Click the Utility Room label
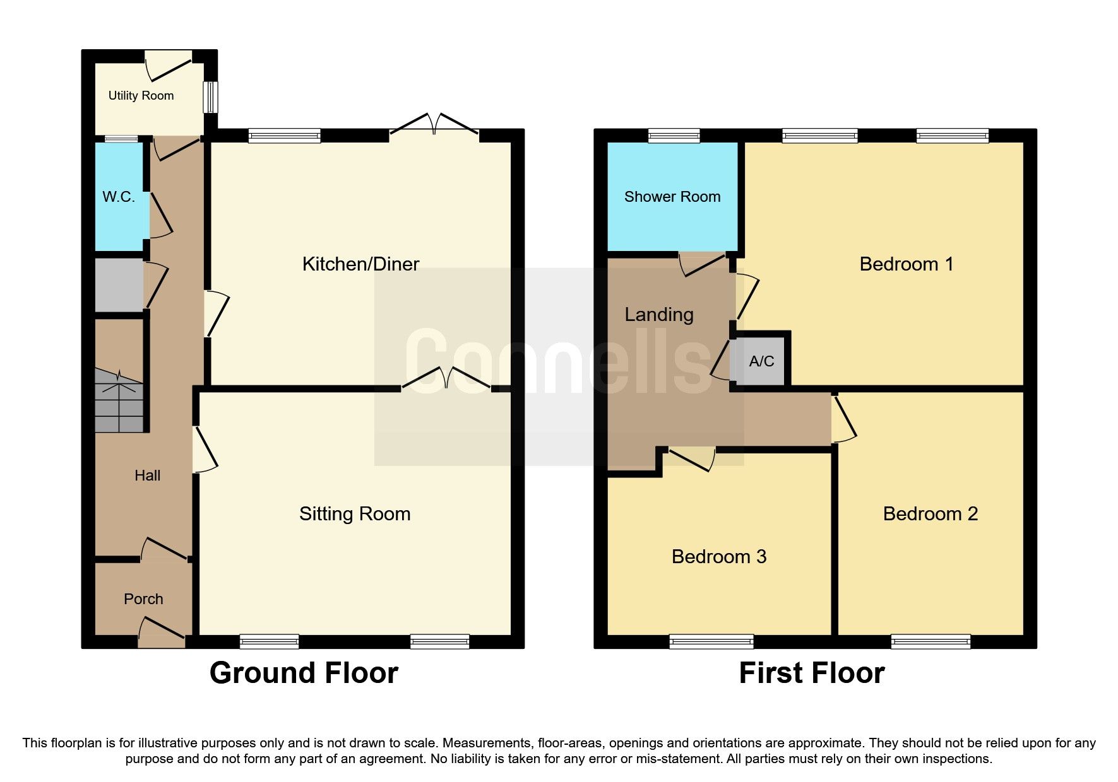tap(141, 96)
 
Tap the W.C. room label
tap(119, 197)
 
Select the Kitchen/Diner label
tap(360, 264)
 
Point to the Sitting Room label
tap(355, 514)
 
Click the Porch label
tap(143, 599)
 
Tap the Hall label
tap(147, 476)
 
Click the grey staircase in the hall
tap(119, 400)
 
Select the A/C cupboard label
tap(761, 361)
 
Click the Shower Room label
tap(672, 197)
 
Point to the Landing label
tap(659, 315)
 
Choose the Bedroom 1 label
tap(907, 264)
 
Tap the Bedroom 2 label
tap(931, 514)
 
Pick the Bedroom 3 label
tap(719, 557)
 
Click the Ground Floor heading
tap(304, 673)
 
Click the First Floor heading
tap(812, 673)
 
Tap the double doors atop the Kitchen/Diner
tap(434, 124)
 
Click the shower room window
tap(674, 135)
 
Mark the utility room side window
tap(211, 97)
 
